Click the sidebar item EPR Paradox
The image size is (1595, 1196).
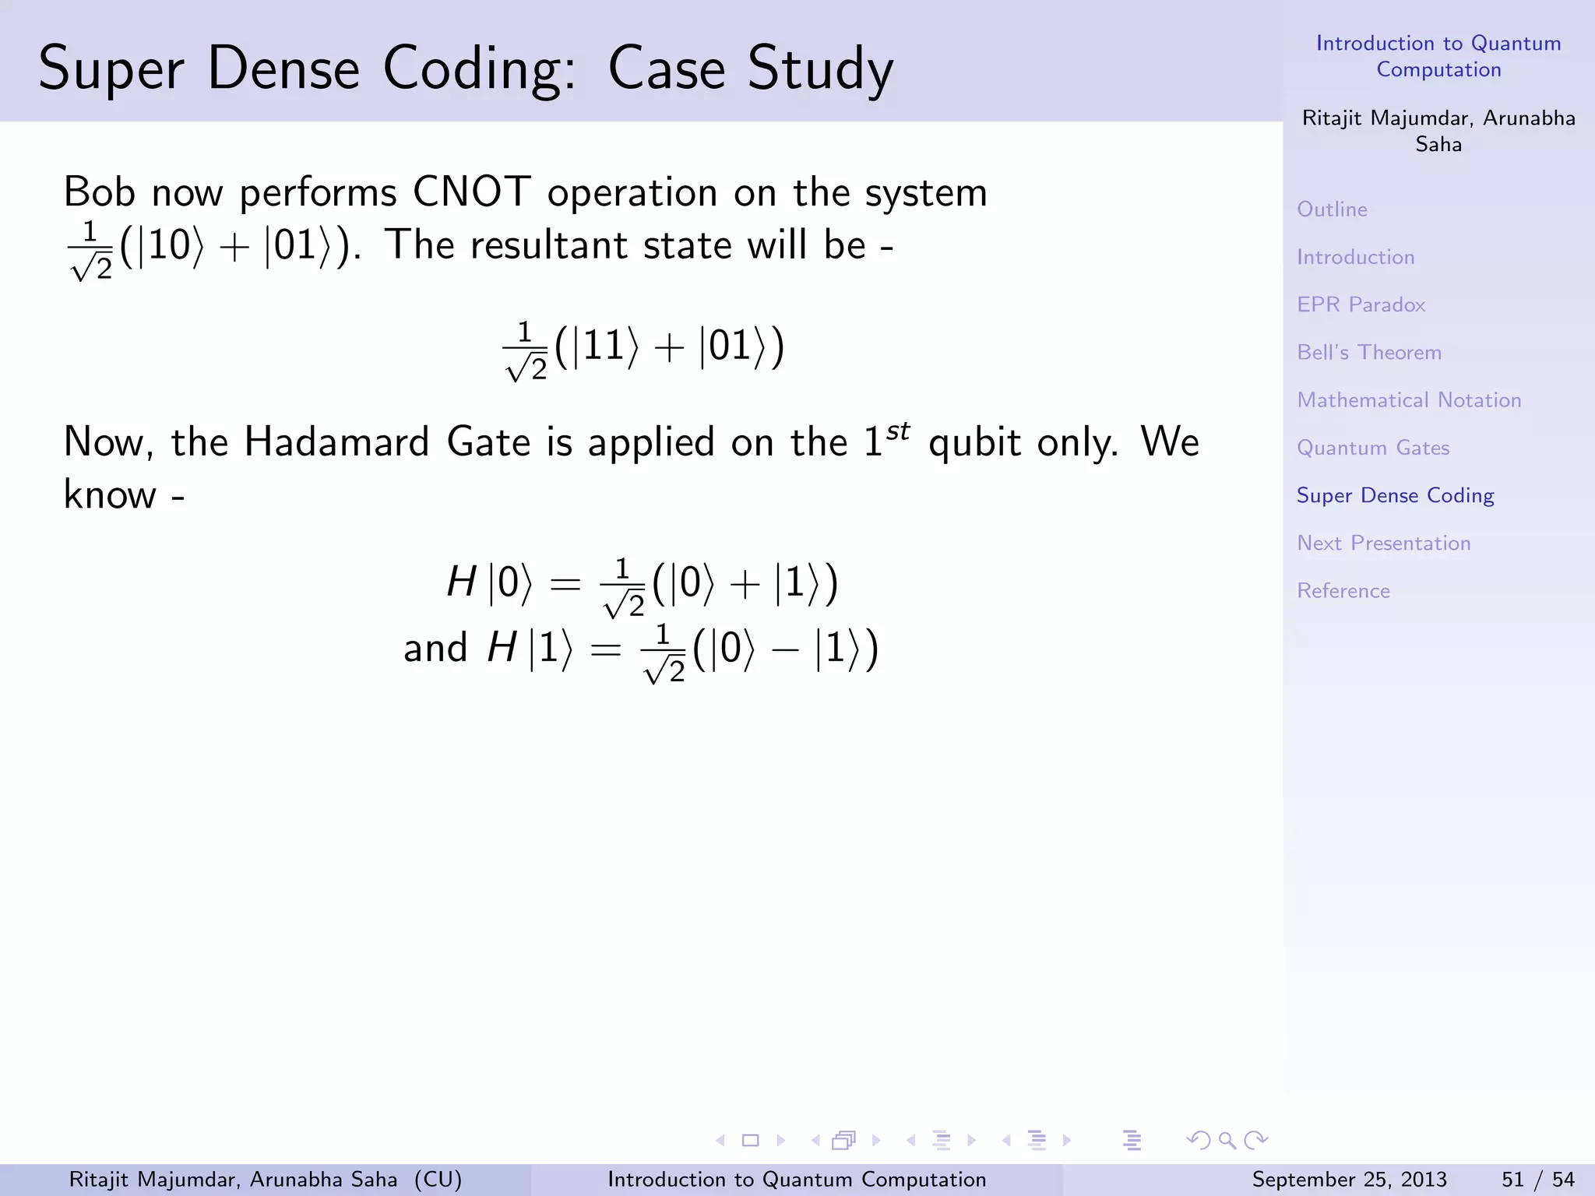pos(1361,304)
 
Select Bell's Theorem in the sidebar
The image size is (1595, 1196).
pos(1368,352)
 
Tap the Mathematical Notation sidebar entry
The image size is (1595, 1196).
pos(1408,400)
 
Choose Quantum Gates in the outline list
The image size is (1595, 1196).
pos(1372,448)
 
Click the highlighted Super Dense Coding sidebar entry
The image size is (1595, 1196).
pos(1395,495)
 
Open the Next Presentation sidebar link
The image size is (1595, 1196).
pos(1383,543)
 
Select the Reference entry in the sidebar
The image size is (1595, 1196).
pos(1343,591)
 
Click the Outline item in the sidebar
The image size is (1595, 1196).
pos(1332,209)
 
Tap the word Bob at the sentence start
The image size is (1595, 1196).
pos(99,192)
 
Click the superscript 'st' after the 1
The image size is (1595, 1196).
pos(898,431)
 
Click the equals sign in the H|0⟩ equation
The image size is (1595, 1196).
pos(565,583)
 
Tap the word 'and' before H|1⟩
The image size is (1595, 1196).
pos(435,648)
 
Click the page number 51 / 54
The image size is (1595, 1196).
pos(1537,1180)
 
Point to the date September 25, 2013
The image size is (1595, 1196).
pos(1349,1180)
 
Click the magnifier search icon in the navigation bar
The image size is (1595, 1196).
pos(1227,1141)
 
